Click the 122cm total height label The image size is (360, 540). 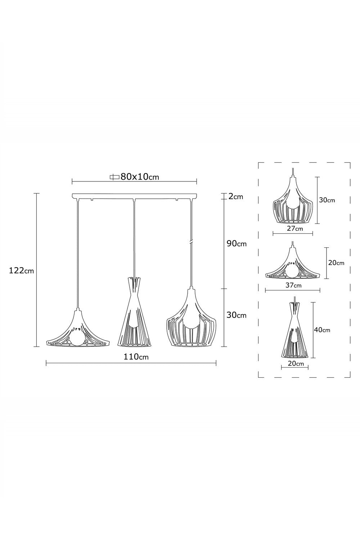point(22,271)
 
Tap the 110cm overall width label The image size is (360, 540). point(136,356)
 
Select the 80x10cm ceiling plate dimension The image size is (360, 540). point(140,177)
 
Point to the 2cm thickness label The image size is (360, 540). point(235,197)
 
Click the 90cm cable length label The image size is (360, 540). point(237,244)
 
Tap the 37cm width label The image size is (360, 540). point(293,285)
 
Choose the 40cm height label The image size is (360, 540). point(322,330)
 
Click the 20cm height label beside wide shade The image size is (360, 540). point(336,263)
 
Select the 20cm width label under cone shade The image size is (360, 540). point(296,363)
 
